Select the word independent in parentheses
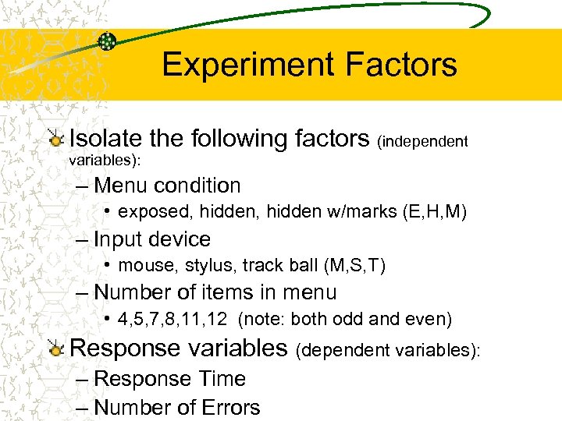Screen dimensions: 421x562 pyautogui.click(x=422, y=141)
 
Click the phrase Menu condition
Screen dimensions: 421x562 pyautogui.click(x=166, y=186)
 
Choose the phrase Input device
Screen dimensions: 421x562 pyautogui.click(x=151, y=239)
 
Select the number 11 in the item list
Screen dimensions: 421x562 pyautogui.click(x=199, y=320)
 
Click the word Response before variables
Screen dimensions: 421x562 pyautogui.click(x=118, y=348)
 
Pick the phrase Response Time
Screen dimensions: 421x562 pyautogui.click(x=169, y=379)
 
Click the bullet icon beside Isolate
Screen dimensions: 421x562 pyautogui.click(x=55, y=140)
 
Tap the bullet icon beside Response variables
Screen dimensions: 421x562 pyautogui.click(x=55, y=348)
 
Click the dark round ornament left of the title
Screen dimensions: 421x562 pyautogui.click(x=108, y=41)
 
